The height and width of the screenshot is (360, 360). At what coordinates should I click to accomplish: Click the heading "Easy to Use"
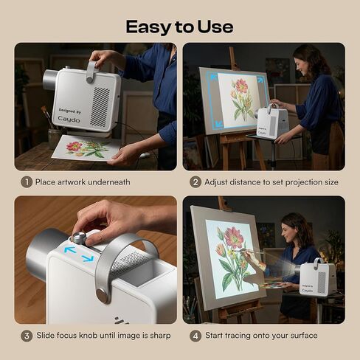pos(179,27)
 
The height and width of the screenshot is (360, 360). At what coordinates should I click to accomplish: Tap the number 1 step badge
pos(27,182)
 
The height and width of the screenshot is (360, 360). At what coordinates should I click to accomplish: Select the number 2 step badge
pos(195,182)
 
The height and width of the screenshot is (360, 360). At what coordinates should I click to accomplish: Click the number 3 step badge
pos(27,336)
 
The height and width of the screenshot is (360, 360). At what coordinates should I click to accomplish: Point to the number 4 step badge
pos(195,336)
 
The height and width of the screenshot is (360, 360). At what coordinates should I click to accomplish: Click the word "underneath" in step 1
pos(109,182)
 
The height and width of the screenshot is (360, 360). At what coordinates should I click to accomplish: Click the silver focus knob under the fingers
pos(78,238)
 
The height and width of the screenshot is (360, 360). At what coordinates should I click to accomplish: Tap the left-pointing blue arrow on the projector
pos(69,251)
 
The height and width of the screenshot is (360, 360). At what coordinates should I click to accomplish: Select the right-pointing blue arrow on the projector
pos(88,258)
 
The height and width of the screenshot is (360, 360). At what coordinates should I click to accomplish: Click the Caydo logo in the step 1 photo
pos(69,120)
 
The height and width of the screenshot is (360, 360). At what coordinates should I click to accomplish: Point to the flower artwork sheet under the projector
pos(86,148)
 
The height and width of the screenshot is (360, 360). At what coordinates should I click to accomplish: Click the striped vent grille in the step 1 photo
pos(100,106)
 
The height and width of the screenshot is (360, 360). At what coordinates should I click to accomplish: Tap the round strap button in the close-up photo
pos(103,296)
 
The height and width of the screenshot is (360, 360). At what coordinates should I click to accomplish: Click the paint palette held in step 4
pos(271,285)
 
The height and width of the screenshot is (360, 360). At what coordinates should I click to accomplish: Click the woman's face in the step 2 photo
pos(300,65)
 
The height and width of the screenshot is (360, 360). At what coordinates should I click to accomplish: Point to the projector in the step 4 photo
pos(316,278)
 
